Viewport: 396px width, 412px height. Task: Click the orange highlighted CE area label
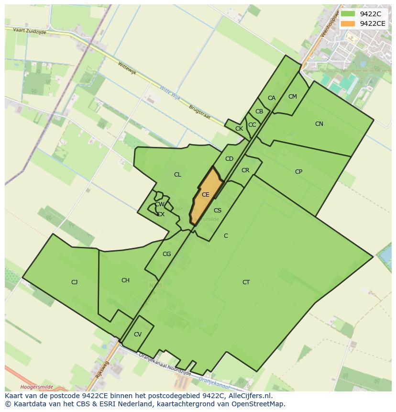(206, 195)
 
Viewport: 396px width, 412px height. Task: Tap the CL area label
(177, 175)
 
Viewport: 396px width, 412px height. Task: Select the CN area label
(319, 124)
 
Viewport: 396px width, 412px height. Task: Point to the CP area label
(298, 172)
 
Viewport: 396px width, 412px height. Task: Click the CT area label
(246, 282)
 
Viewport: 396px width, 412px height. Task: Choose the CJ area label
(75, 282)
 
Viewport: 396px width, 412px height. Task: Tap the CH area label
(125, 280)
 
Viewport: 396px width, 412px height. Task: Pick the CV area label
(138, 334)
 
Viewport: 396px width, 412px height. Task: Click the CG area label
(166, 254)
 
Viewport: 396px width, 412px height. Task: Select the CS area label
(218, 211)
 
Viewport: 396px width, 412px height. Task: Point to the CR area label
(245, 170)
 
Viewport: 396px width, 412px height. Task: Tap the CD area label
(229, 159)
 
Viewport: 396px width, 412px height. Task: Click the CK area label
(239, 129)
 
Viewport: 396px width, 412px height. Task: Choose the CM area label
(293, 97)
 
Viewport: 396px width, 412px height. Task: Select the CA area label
(272, 98)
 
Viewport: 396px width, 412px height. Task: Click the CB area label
(259, 111)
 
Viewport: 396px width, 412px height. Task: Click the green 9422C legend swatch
(348, 14)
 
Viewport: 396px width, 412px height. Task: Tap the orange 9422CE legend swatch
(348, 23)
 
